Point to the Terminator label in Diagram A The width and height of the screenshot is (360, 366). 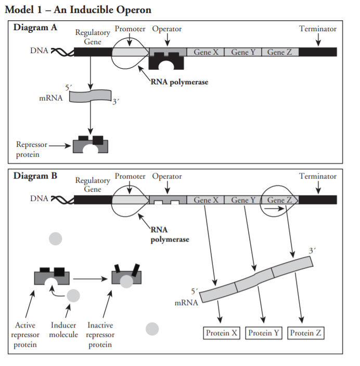tap(317, 29)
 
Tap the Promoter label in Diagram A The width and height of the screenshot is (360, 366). tap(130, 29)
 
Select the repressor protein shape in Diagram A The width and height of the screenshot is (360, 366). tap(91, 144)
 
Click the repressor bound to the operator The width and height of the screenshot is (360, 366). tap(168, 61)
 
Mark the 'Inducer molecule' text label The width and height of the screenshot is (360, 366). tap(64, 330)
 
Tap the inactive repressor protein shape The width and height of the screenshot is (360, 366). tap(126, 276)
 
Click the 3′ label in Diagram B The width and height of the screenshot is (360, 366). tap(312, 250)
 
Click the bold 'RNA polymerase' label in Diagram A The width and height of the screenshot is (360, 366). tap(179, 82)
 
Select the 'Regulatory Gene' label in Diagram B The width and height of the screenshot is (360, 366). tap(93, 185)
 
